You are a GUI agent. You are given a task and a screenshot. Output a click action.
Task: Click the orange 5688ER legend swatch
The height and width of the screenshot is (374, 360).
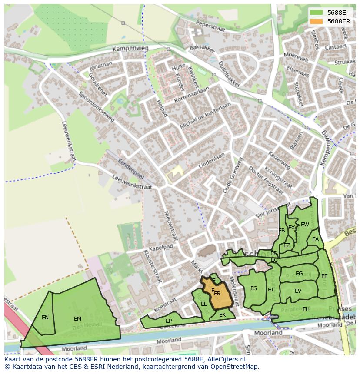click(x=316, y=21)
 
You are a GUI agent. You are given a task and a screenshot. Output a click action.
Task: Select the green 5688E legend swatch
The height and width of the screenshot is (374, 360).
click(x=316, y=12)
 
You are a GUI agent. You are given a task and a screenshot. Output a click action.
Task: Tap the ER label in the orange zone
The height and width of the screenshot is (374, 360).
click(x=217, y=294)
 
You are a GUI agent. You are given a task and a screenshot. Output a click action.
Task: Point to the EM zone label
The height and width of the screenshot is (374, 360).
click(x=77, y=318)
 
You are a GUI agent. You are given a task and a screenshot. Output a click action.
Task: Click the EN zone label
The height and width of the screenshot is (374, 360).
click(x=45, y=318)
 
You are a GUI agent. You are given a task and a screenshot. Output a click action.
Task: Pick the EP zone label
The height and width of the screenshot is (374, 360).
click(x=169, y=321)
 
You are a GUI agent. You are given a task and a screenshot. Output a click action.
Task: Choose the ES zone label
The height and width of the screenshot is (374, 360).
click(x=253, y=288)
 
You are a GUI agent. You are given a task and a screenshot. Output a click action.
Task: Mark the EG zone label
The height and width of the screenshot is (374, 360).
click(x=299, y=274)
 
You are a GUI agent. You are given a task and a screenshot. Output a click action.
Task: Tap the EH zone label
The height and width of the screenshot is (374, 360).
click(x=306, y=309)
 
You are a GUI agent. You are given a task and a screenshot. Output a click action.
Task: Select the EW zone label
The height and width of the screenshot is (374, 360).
click(x=305, y=225)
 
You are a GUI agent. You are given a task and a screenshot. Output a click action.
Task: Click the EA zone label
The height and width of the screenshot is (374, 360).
click(x=315, y=239)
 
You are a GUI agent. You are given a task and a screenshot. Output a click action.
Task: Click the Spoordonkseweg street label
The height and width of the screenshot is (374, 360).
click(x=96, y=106)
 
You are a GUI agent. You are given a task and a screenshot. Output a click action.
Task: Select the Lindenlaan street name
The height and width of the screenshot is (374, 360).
click(x=212, y=160)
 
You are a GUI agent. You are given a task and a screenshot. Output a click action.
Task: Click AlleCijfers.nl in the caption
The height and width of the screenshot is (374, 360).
click(x=226, y=359)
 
